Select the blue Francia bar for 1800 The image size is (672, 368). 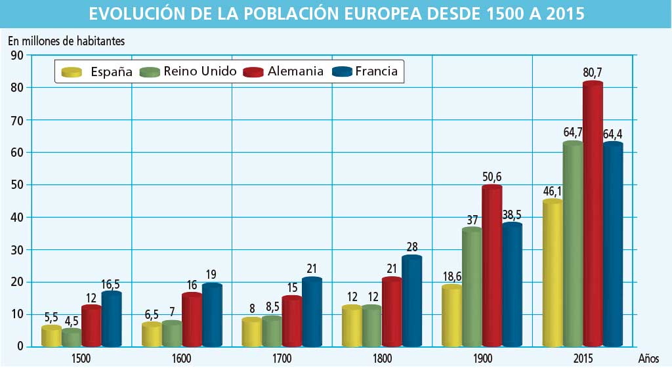click(x=411, y=301)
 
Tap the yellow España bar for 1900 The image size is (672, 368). click(x=452, y=316)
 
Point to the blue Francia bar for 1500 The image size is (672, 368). click(x=112, y=319)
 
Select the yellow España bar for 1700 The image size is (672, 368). click(x=251, y=332)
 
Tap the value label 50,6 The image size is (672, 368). click(x=492, y=177)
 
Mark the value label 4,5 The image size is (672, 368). click(x=72, y=321)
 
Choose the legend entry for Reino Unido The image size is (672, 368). click(x=190, y=72)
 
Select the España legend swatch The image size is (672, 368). click(x=71, y=72)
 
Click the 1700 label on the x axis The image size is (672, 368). click(x=282, y=359)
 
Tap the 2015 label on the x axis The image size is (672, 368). click(x=582, y=359)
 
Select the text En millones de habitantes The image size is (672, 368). click(x=66, y=40)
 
